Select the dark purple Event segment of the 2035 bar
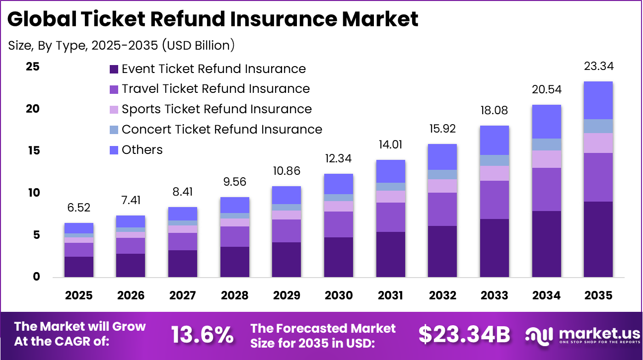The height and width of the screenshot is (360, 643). (598, 239)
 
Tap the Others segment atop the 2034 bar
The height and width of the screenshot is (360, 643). (546, 122)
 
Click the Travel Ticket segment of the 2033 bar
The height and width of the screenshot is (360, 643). (494, 200)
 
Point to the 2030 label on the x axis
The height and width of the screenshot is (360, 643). (339, 295)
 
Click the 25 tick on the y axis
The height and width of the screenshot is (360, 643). (33, 67)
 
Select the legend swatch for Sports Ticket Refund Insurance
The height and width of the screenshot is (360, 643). (114, 110)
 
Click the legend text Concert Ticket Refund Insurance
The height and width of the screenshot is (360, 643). (221, 130)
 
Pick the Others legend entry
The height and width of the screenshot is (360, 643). (142, 150)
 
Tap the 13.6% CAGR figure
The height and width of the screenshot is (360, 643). (203, 335)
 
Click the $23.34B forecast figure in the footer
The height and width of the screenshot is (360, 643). (464, 335)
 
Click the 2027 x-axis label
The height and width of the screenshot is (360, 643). (183, 295)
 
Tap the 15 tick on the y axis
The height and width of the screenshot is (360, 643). (33, 150)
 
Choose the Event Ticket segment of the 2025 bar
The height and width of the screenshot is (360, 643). (78, 267)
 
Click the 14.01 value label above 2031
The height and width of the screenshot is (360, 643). (390, 145)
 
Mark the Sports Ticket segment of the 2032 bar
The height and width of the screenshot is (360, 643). (442, 186)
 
